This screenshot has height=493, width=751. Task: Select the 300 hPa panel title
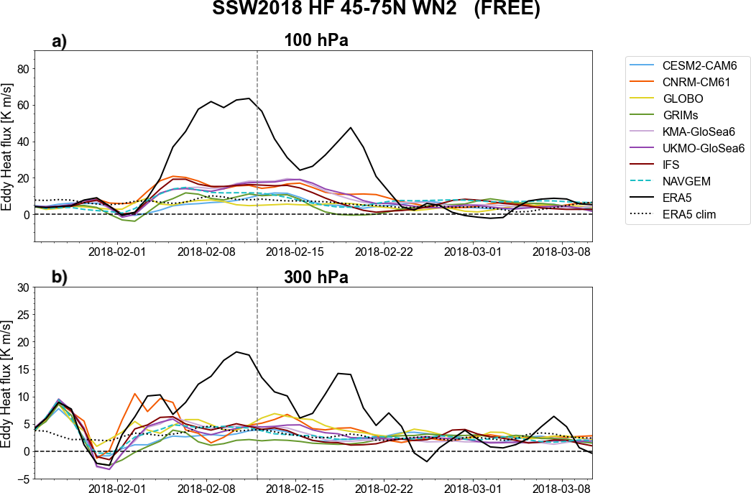pos(313,277)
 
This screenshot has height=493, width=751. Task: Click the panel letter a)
pos(59,41)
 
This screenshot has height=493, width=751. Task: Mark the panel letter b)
pos(59,277)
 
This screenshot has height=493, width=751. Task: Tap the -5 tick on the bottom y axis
pos(23,479)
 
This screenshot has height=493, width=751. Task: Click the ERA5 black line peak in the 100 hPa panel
pos(249,98)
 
